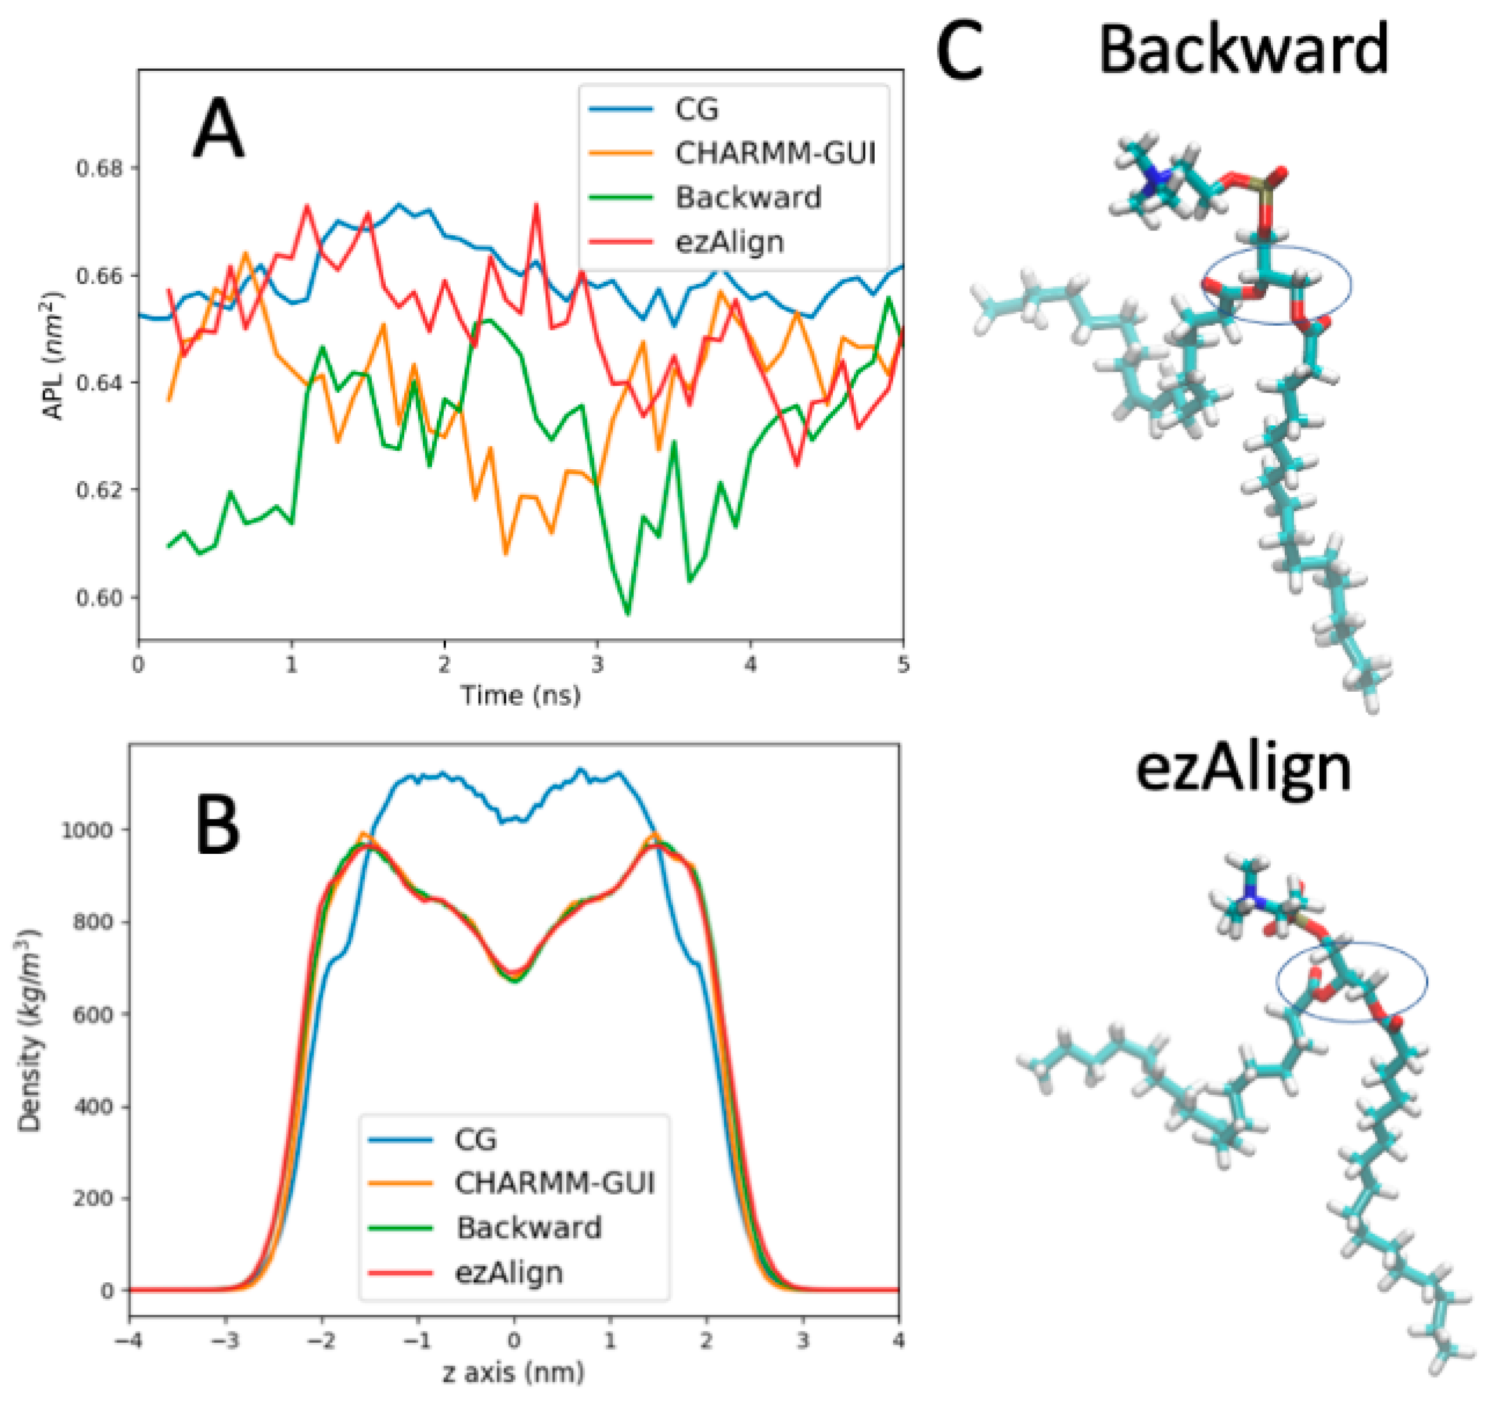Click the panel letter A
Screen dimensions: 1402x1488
tap(218, 129)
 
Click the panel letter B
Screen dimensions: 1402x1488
tap(218, 824)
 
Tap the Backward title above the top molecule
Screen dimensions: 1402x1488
tap(1242, 49)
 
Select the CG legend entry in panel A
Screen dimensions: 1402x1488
tap(696, 110)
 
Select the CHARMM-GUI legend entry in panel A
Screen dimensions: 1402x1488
tap(775, 153)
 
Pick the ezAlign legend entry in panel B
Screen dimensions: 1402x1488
tap(509, 1272)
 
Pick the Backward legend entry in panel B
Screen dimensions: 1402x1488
tap(529, 1228)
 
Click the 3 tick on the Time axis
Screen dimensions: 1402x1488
tap(597, 664)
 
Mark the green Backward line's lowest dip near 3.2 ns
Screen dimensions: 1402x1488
tap(627, 614)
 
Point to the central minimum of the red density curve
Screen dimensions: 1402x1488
tap(514, 973)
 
